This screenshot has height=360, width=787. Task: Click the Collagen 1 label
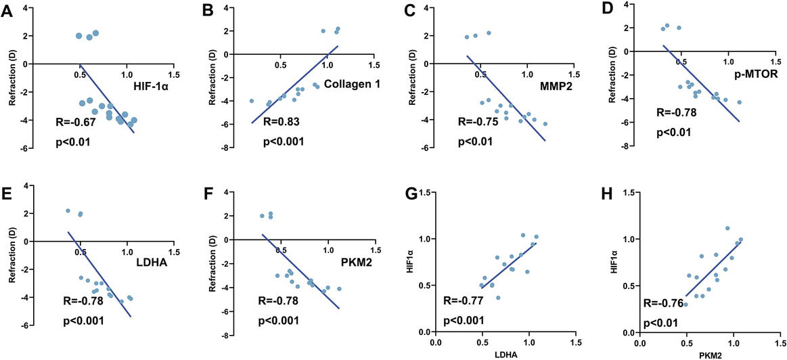click(x=353, y=83)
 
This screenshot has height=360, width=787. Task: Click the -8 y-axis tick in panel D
click(x=630, y=146)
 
